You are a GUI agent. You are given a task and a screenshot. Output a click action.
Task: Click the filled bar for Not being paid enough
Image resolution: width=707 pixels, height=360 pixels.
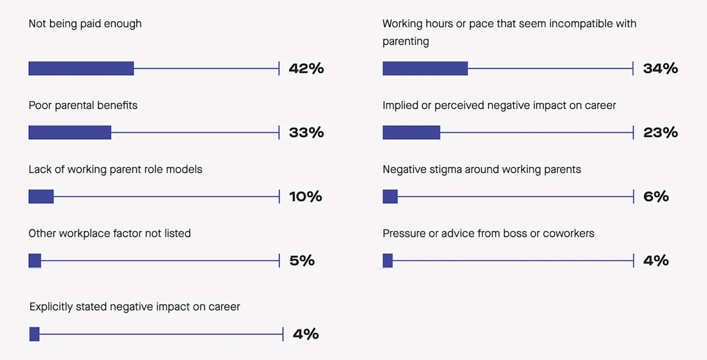click(81, 68)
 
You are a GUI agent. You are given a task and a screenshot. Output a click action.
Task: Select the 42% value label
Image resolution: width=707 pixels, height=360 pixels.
click(306, 68)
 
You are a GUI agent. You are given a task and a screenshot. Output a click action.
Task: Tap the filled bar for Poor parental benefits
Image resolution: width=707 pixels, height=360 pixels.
click(70, 133)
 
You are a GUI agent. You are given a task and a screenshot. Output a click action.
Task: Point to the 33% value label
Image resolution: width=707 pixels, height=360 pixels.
click(306, 133)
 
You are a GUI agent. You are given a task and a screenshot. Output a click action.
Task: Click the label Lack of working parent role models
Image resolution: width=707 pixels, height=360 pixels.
click(115, 170)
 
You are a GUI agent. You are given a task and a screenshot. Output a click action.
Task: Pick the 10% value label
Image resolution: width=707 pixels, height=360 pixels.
click(305, 197)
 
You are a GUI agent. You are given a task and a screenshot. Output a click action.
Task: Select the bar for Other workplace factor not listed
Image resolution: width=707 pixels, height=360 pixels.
click(35, 261)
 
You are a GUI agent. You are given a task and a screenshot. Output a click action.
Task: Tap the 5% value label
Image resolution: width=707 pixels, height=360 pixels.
click(302, 261)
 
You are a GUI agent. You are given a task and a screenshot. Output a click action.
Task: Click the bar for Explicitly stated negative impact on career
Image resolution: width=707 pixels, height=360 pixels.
click(34, 334)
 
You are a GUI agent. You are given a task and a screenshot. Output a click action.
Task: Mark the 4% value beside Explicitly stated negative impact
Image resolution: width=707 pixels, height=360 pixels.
click(305, 334)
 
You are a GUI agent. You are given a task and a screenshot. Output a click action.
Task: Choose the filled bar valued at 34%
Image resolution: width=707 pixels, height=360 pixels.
click(425, 68)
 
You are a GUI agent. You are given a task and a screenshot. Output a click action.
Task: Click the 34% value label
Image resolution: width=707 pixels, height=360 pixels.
click(660, 68)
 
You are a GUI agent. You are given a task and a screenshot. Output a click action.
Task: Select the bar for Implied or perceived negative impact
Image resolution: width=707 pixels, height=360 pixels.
click(411, 133)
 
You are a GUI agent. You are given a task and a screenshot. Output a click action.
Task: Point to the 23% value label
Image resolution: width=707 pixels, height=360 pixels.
click(660, 133)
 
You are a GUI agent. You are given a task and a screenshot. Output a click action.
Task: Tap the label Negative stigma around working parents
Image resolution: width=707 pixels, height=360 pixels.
click(482, 170)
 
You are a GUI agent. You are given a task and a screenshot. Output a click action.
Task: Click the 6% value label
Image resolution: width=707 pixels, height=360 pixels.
click(656, 197)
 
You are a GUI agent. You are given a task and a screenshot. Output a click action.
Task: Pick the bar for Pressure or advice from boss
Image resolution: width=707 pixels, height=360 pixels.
click(388, 261)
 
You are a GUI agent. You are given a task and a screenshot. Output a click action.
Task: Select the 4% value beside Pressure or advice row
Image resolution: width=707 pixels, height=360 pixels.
click(656, 261)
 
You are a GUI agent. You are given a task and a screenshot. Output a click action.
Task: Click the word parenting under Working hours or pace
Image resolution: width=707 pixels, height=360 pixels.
click(405, 41)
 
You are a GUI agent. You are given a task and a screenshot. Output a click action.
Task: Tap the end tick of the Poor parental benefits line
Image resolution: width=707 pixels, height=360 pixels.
click(279, 133)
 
